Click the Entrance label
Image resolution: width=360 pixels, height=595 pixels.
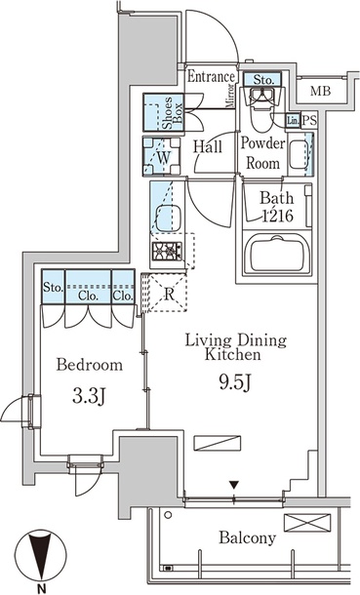coord(212,77)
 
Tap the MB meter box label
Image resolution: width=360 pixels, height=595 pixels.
coord(321,91)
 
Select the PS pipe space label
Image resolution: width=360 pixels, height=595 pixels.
coord(309,121)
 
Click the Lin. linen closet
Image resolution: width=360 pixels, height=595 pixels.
coord(293,121)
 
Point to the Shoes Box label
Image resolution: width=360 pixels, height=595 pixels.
coord(173,113)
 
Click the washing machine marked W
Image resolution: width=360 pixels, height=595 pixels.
coord(161,156)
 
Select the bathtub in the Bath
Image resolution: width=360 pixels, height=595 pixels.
coord(276,253)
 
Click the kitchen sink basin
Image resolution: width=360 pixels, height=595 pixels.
coord(168,218)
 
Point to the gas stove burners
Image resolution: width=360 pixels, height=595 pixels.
coord(167,251)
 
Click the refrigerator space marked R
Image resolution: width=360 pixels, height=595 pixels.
coord(167,293)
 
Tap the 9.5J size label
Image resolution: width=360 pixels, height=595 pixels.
coord(235,382)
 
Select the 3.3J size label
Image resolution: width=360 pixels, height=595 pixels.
coord(89,397)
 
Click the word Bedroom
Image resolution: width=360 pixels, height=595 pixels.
coord(90,365)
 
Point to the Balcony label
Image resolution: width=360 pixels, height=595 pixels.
coord(247,537)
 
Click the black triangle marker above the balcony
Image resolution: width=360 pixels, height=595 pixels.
coord(234,485)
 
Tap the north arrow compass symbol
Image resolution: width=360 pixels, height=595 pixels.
coord(41,555)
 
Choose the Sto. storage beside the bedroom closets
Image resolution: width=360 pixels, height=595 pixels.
coord(53,287)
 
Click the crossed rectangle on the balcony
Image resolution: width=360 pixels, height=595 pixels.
coord(307,523)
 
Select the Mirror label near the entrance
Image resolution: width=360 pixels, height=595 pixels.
coord(230,97)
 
